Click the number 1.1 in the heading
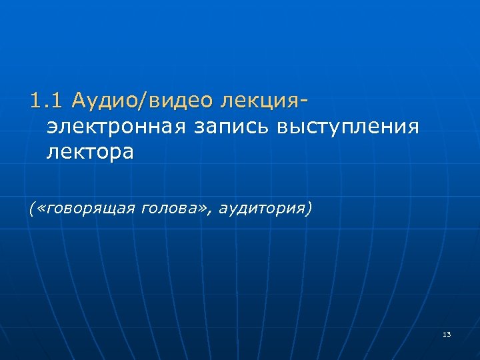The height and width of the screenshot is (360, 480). click(x=45, y=101)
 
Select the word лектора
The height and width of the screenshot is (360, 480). click(x=90, y=153)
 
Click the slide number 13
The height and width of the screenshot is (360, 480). click(x=446, y=333)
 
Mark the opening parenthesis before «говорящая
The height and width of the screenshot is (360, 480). click(x=32, y=209)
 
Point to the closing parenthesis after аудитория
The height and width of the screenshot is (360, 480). click(x=309, y=209)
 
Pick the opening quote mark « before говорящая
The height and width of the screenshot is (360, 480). click(x=40, y=209)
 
